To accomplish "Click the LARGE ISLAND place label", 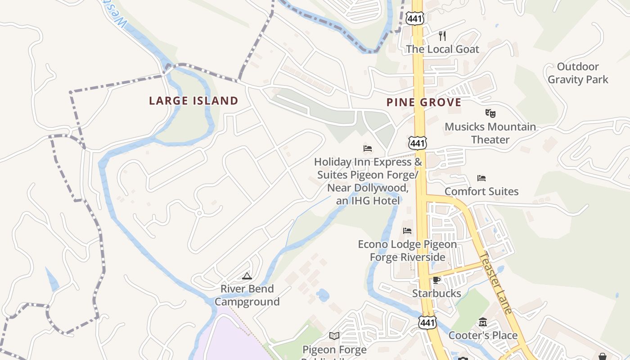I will [193, 101].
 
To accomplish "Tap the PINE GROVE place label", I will [424, 103].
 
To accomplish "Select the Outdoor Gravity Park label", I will [578, 73].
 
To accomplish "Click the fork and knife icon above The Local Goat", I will [442, 36].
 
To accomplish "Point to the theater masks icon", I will [490, 113].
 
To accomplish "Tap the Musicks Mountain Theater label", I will [490, 133].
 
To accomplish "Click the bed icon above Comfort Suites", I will [481, 178].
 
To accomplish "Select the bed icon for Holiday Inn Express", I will [368, 148].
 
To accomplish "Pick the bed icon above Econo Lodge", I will [407, 231].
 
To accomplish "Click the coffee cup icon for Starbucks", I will [436, 280].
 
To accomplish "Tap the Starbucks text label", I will [436, 293].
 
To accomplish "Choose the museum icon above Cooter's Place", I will [483, 322].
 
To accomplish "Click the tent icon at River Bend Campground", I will [247, 276].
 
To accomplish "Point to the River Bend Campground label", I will [247, 295].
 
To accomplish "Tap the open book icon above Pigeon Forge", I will [334, 336].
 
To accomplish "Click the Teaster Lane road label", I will [495, 283].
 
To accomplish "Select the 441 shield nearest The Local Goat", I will [413, 18].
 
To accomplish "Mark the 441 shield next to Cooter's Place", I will [426, 322].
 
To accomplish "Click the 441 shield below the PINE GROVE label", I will [417, 143].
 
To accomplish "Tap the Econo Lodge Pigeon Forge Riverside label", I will [407, 251].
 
